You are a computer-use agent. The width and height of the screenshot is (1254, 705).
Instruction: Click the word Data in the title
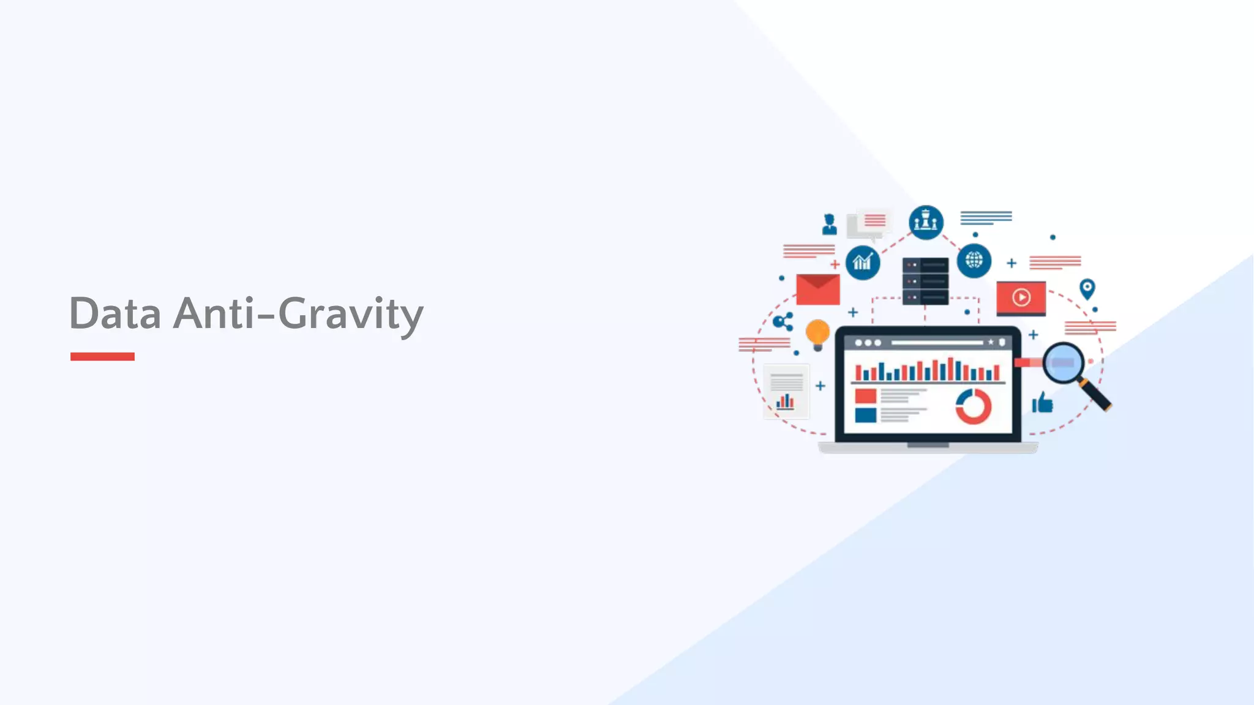coord(115,313)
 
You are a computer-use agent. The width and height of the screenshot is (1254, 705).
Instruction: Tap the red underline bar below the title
coord(102,356)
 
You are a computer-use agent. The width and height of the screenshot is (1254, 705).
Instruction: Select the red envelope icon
coord(817,289)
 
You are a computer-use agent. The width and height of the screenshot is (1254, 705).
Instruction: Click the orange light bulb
coord(817,334)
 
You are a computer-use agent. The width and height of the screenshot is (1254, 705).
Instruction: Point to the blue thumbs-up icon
coord(1042,403)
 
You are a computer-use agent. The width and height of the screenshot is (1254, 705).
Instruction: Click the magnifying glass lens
coord(1063,362)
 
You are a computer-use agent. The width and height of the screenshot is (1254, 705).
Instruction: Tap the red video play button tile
coord(1021,297)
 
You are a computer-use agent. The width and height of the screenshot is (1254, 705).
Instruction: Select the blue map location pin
coord(1087,288)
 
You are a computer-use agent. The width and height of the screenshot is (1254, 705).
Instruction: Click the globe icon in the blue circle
coord(974,260)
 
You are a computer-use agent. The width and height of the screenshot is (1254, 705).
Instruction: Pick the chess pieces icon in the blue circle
coord(926,222)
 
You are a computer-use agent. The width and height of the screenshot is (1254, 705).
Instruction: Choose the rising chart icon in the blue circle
coord(862,263)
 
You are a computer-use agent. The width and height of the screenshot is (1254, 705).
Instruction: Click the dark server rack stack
coord(925,281)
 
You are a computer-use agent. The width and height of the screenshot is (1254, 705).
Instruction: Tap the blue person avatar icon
coord(830,224)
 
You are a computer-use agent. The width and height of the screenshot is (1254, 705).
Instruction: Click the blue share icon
coord(783,321)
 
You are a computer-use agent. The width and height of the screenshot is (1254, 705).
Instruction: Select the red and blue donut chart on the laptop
coord(973,406)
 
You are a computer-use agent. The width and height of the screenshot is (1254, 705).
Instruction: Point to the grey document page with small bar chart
coord(786,392)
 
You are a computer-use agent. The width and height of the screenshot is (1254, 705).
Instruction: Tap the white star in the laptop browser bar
coord(991,342)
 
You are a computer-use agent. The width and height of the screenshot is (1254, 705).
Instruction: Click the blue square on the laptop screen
coord(865,416)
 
